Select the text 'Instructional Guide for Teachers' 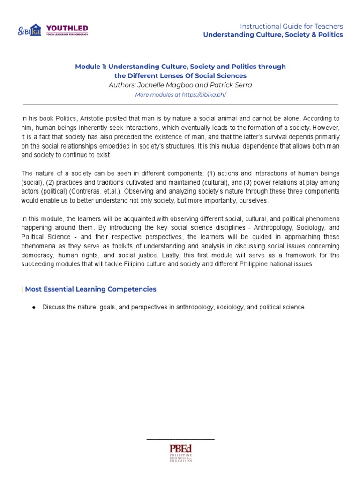click(292, 26)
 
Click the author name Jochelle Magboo click(162, 85)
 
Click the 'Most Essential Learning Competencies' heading click(90, 289)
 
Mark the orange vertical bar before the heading click(22, 289)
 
